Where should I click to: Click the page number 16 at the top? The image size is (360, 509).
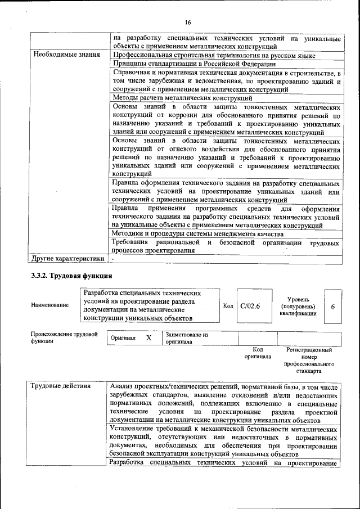click(188, 22)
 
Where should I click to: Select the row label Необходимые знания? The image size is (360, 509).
click(66, 55)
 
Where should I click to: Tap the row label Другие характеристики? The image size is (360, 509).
click(68, 259)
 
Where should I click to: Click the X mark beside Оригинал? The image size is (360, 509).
click(148, 338)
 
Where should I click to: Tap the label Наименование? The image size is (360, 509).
click(50, 305)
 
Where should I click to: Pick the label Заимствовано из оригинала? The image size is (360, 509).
click(186, 338)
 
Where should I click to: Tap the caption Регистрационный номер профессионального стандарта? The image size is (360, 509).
click(309, 360)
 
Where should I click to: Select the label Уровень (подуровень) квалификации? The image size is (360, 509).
click(298, 307)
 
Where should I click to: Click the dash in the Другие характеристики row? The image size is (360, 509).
click(112, 259)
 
